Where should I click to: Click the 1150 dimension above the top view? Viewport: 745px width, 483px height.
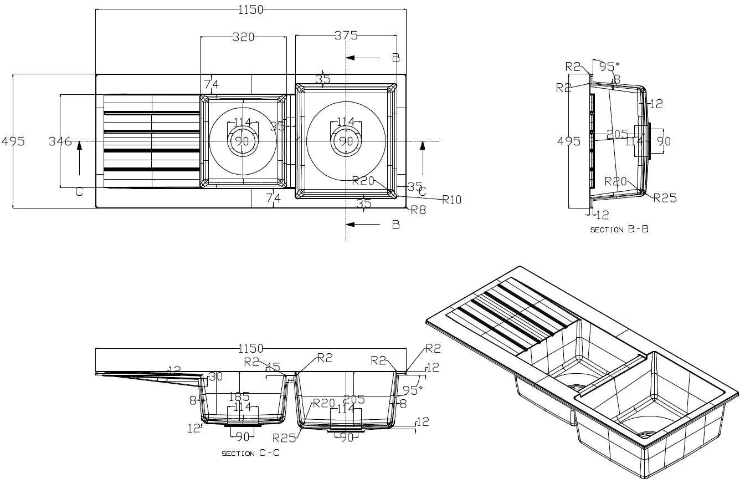click(251, 9)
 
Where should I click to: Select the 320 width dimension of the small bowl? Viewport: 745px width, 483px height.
click(243, 37)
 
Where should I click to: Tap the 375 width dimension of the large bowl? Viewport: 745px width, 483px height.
click(346, 35)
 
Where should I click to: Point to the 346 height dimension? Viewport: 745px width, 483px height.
click(60, 141)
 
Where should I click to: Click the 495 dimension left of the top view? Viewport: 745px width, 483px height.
click(13, 141)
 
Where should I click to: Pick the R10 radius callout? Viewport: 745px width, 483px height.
click(451, 200)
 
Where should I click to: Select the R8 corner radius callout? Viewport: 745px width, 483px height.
click(418, 210)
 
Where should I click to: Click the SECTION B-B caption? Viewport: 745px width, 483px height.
click(619, 230)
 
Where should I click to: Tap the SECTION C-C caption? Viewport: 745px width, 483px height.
click(250, 453)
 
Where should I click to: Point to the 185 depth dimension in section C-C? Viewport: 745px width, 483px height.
click(239, 397)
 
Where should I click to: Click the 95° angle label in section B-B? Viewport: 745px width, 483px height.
click(608, 67)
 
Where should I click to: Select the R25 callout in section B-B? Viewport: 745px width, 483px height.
click(665, 198)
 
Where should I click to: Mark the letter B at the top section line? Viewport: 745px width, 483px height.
click(395, 58)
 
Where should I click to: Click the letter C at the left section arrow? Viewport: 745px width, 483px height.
click(79, 191)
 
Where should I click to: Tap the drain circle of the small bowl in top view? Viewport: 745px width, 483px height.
click(243, 141)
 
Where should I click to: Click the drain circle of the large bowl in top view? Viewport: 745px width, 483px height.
click(346, 141)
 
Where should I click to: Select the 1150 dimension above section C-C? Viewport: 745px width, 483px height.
click(250, 348)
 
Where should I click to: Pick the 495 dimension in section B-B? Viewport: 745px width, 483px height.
click(569, 141)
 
